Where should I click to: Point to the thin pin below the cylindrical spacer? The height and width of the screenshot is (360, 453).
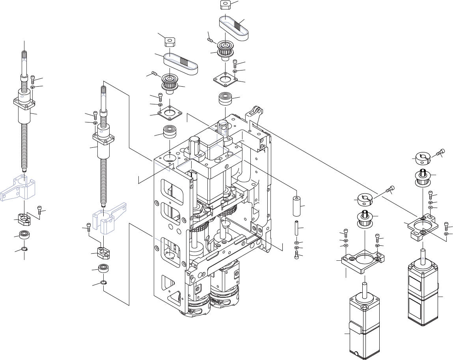(x=296, y=228)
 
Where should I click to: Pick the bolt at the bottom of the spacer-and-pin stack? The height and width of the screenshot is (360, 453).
(x=296, y=255)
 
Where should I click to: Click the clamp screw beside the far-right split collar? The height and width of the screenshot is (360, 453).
(x=441, y=152)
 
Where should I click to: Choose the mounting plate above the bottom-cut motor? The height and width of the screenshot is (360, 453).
(x=362, y=262)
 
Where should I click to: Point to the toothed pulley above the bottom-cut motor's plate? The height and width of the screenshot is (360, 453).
(x=365, y=219)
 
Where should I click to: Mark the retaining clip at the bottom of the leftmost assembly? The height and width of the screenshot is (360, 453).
(x=24, y=249)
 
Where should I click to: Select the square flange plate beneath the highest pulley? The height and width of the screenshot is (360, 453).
(x=225, y=80)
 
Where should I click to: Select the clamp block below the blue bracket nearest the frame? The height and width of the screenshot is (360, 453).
(x=103, y=252)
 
